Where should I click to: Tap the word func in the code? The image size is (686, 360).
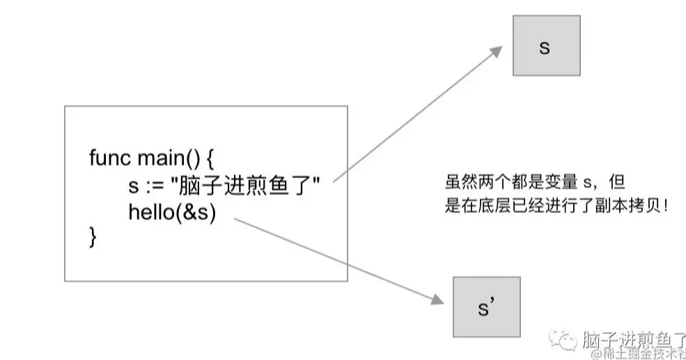(x=111, y=157)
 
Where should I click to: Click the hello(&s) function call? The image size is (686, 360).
(x=173, y=212)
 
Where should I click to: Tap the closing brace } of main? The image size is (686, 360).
(x=93, y=238)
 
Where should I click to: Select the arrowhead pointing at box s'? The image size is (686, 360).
(x=435, y=299)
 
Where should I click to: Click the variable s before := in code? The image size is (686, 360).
(x=133, y=186)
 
